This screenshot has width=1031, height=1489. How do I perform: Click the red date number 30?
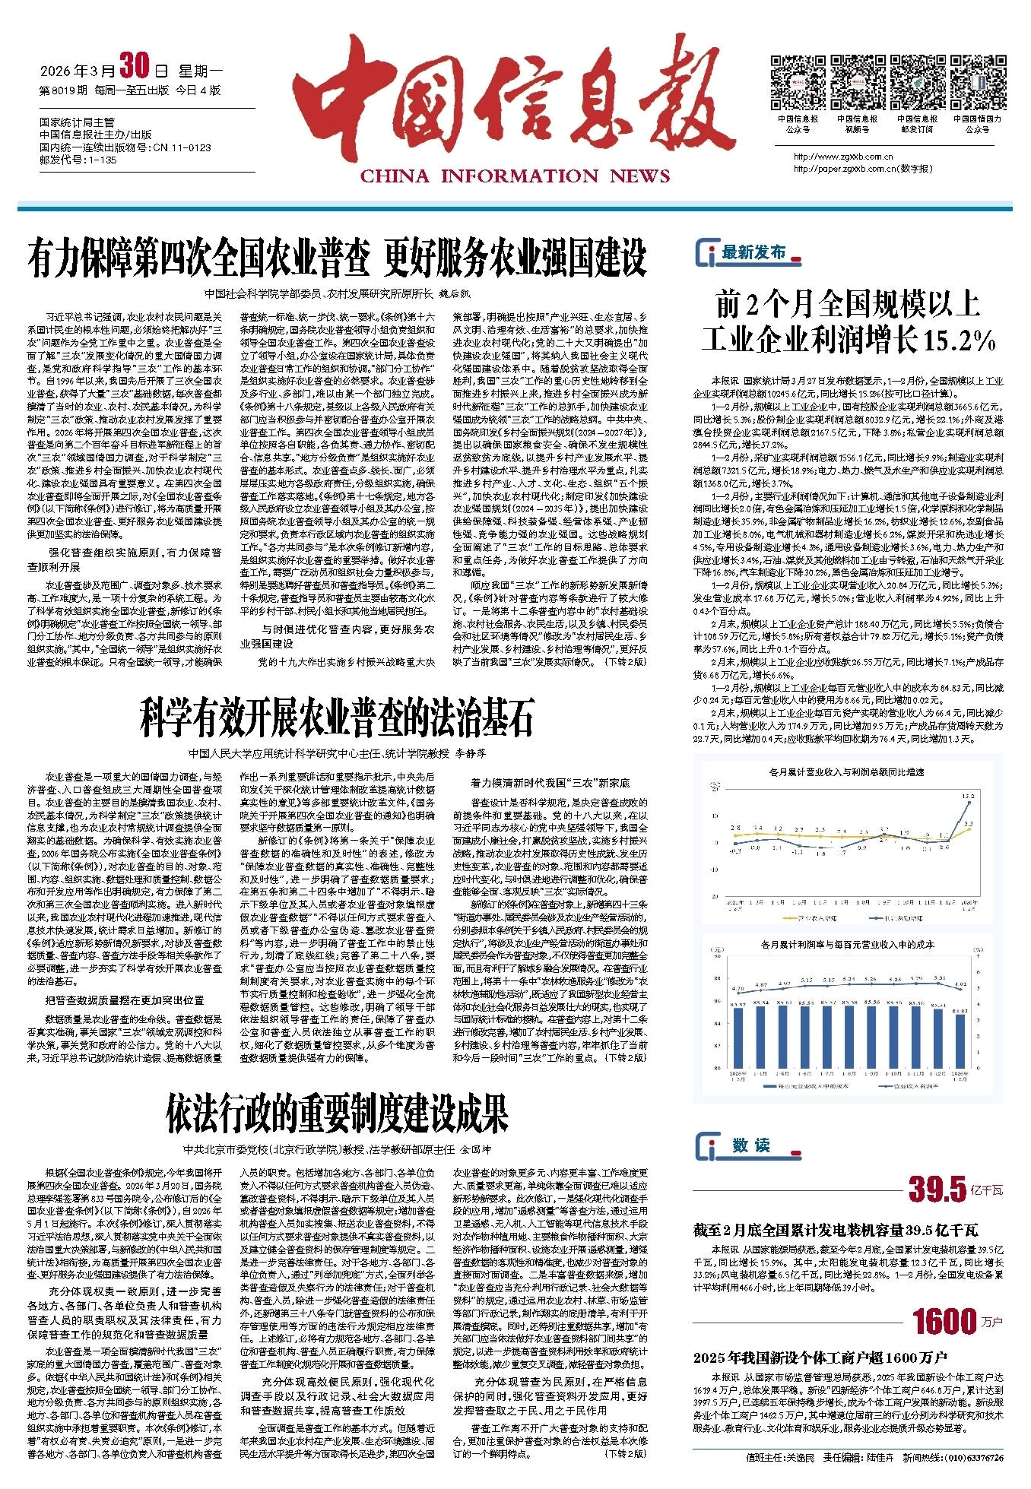(135, 68)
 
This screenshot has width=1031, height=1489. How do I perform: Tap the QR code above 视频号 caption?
(857, 83)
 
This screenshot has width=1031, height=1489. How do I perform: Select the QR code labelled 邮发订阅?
(917, 83)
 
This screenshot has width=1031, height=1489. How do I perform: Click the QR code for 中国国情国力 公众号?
(978, 83)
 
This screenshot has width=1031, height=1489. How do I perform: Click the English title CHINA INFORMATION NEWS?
(515, 176)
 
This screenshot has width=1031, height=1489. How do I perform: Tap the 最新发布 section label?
(753, 253)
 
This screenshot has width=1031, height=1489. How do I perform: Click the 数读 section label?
(751, 1145)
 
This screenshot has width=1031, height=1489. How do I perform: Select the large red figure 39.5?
(937, 1190)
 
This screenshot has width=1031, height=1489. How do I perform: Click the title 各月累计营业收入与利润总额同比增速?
(846, 772)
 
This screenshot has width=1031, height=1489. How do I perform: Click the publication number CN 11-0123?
(182, 147)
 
